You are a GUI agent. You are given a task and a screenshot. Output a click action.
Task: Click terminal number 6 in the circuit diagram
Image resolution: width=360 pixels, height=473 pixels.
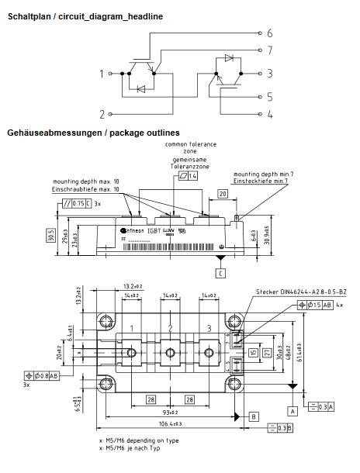[x=269, y=33]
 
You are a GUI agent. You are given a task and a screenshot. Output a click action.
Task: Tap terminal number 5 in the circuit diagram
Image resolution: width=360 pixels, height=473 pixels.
[x=269, y=98]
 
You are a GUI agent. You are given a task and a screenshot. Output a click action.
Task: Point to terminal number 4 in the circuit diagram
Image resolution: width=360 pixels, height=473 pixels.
[x=269, y=115]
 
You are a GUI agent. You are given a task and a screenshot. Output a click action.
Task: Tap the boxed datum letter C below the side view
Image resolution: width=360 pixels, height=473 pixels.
[x=220, y=273]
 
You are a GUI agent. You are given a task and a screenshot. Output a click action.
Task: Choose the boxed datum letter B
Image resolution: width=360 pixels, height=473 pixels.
[x=254, y=416]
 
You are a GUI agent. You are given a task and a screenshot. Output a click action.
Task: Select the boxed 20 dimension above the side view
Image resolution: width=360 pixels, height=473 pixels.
[x=222, y=194]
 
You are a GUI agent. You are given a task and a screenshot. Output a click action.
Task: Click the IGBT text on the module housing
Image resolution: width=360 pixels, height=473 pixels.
[x=167, y=230]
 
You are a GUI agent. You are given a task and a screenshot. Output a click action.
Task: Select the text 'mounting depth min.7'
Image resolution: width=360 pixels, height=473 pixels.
[x=264, y=174]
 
